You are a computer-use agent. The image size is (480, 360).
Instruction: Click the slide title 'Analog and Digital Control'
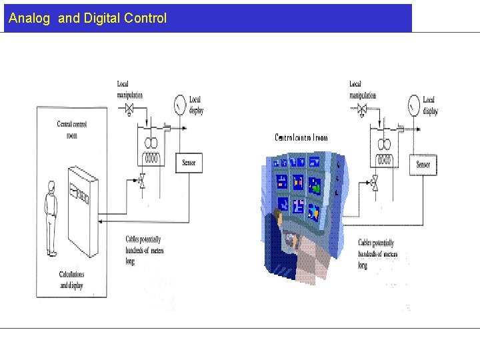[87, 18]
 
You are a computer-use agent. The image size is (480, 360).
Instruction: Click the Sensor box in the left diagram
[189, 162]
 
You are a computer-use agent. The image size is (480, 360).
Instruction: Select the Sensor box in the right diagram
[423, 165]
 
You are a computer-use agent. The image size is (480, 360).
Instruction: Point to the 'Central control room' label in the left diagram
[72, 129]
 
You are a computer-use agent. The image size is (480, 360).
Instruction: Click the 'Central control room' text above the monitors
[301, 137]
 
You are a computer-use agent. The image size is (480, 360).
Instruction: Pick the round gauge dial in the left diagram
[179, 105]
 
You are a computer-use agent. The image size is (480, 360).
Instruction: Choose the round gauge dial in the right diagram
[413, 105]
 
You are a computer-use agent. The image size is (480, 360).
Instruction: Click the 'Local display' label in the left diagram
[196, 105]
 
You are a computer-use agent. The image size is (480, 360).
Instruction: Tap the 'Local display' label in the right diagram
[430, 105]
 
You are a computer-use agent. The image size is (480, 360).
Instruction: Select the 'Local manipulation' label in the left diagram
[129, 89]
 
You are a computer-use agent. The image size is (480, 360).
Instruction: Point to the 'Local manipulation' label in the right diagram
[363, 89]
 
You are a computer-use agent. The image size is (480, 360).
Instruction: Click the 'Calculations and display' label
[72, 279]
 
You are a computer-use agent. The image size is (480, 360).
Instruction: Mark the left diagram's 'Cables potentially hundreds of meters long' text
[144, 250]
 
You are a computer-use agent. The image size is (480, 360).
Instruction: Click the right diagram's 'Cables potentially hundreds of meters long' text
[377, 254]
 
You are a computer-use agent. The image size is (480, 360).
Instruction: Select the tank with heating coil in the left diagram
[151, 147]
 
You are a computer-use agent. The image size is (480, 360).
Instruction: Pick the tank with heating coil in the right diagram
[385, 149]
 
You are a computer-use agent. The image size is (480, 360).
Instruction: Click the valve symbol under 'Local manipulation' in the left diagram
[130, 108]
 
